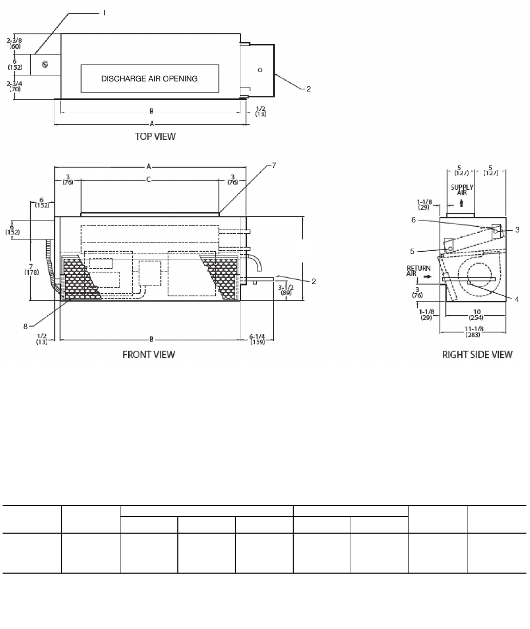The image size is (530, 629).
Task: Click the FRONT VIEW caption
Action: (149, 355)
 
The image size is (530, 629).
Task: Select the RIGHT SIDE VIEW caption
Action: (477, 355)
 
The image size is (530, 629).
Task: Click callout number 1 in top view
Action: (104, 13)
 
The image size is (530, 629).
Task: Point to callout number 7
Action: (274, 165)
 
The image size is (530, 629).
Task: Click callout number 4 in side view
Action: (516, 300)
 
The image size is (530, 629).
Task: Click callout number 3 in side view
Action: (518, 229)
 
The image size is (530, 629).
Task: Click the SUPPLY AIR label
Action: (462, 190)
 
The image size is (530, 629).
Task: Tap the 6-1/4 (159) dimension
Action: (257, 339)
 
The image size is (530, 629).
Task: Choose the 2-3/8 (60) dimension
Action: (15, 43)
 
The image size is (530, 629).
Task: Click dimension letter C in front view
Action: (149, 179)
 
